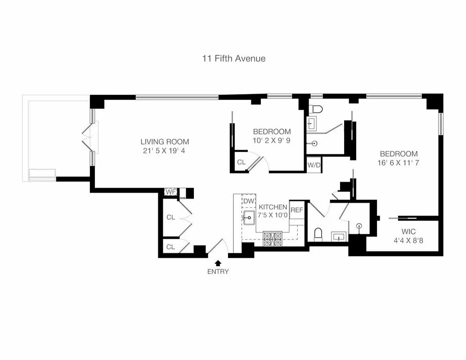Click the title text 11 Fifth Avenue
(233, 58)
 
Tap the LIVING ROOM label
(165, 141)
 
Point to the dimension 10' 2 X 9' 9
(272, 140)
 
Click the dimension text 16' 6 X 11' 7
(398, 162)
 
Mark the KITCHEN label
(273, 207)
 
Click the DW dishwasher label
(249, 201)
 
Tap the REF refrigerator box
(296, 210)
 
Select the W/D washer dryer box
(314, 165)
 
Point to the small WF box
(170, 192)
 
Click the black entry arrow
(218, 262)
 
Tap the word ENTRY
(218, 271)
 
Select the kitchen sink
(249, 218)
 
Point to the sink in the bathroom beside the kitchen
(340, 236)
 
